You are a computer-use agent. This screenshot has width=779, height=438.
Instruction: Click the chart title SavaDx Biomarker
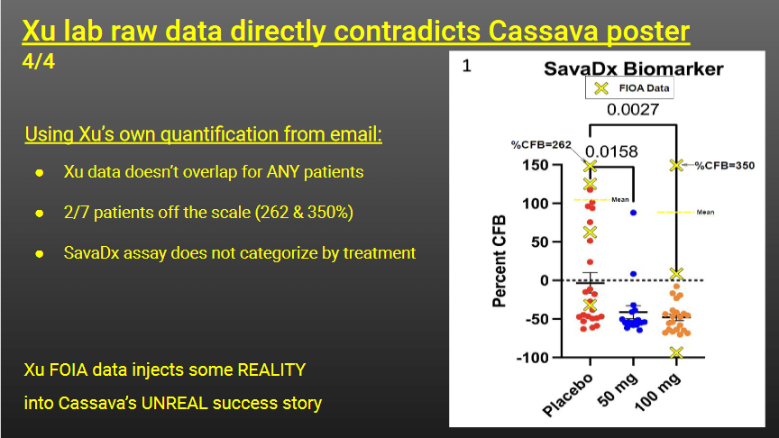pos(634,68)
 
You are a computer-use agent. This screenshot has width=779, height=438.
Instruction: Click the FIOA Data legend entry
pos(629,88)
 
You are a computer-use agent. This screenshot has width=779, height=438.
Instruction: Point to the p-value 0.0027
pos(632,109)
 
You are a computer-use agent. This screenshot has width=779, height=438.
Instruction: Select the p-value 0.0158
pos(611,151)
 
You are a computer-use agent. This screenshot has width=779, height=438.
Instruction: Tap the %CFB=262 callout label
pos(541,144)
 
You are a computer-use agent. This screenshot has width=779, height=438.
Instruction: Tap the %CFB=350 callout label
pos(724,165)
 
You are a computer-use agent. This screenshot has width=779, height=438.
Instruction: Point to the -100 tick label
pos(533,357)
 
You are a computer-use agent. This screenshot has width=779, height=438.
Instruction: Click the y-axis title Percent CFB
pos(499,261)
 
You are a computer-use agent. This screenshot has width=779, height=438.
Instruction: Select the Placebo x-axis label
pos(568,395)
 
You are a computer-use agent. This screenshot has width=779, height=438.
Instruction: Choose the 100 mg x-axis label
pos(657,392)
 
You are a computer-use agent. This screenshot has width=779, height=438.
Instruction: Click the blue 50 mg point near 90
pos(634,213)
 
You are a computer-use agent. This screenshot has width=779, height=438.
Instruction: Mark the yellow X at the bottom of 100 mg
pos(676,352)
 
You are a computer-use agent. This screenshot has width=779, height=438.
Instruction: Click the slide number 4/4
pos(38,61)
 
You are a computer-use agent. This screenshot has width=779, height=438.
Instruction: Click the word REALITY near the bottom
pos(271,370)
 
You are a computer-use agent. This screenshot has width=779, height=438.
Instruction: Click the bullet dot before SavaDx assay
pos(40,254)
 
